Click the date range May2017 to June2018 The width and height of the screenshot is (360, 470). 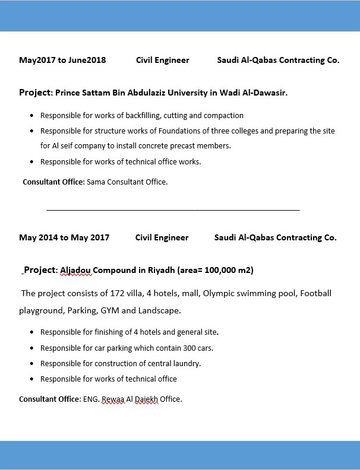pos(62,60)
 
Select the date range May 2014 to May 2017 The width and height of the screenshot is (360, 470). pos(64,237)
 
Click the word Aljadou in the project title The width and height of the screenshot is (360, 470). pos(75,271)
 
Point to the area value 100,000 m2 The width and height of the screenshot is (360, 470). pos(229,271)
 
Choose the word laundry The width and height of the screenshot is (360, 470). pos(185,364)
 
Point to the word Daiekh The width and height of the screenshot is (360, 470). pos(146,399)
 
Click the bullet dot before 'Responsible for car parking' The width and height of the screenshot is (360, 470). pos(31,348)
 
